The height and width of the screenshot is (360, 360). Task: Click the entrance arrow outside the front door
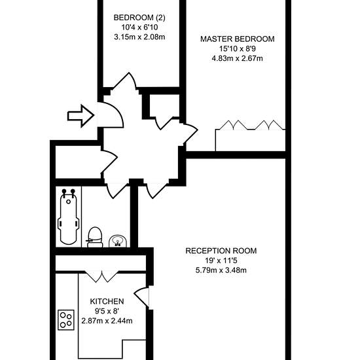coord(81,116)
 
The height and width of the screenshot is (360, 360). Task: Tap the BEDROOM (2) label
coord(139,18)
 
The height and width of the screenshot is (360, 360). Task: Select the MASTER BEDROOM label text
coord(238,39)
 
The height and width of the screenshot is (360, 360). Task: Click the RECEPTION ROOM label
coord(221,251)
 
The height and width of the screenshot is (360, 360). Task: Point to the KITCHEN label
coord(107,301)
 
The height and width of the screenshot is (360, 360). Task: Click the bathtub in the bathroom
coord(69,216)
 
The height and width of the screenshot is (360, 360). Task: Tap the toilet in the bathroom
coord(95,237)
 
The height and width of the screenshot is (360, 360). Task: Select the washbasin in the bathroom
coord(118,242)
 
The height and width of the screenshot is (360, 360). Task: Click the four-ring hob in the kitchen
coord(66,320)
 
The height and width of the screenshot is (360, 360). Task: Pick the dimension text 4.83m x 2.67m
coord(237,58)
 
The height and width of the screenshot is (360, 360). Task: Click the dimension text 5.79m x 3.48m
coord(221,270)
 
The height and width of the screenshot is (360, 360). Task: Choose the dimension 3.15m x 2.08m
coord(139,37)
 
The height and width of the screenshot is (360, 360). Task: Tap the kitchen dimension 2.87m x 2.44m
coord(107,321)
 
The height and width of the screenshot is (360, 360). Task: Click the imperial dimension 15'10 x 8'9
coord(237,49)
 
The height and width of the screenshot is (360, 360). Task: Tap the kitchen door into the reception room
coord(141,297)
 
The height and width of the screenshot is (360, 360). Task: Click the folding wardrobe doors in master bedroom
coord(250,125)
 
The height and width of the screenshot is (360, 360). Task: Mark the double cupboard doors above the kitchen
coord(102,277)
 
